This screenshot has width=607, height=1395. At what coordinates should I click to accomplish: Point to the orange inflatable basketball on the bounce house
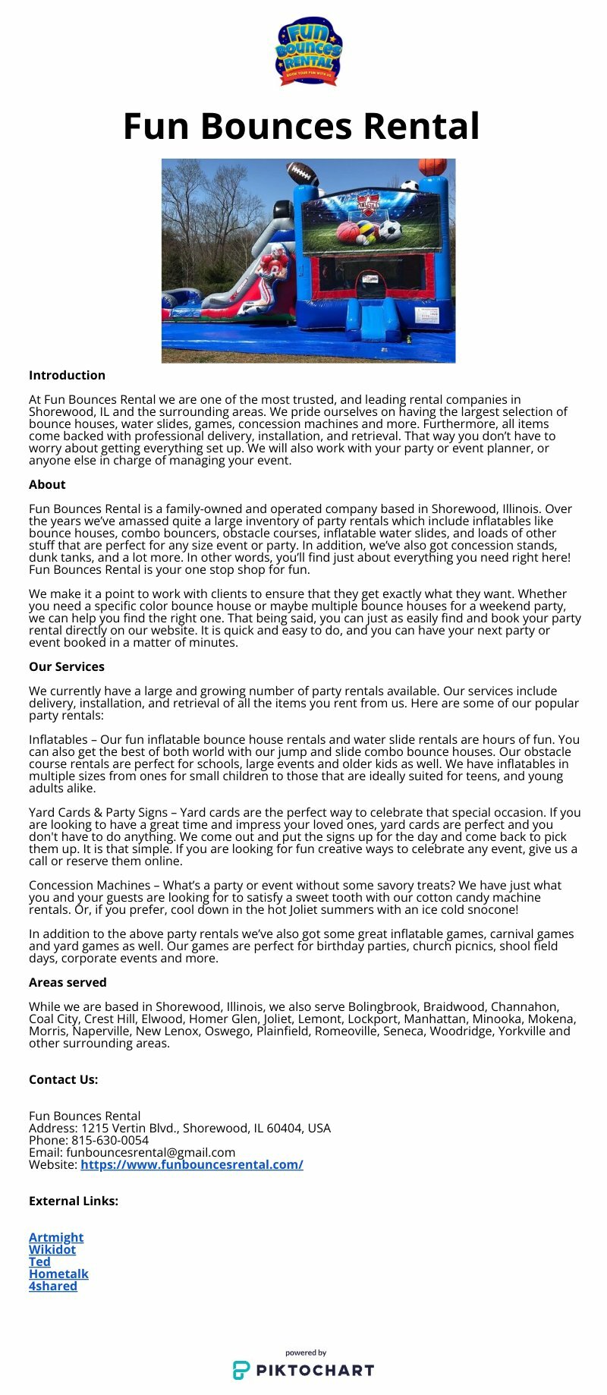click(432, 166)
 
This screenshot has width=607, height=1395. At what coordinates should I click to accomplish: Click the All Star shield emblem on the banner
click(369, 206)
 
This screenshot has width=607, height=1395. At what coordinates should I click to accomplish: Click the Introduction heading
click(67, 375)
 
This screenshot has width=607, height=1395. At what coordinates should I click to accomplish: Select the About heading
click(47, 484)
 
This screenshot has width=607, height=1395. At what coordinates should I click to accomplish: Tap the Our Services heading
click(67, 666)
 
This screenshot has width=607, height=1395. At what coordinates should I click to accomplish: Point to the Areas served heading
click(68, 982)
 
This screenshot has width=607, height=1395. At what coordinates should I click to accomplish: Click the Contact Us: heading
click(63, 1079)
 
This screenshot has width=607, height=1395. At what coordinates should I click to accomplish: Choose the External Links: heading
click(74, 1201)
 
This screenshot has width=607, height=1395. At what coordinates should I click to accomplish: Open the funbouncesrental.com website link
click(192, 1164)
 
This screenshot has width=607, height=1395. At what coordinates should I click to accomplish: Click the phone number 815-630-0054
click(110, 1140)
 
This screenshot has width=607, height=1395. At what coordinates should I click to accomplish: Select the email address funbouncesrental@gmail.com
click(150, 1152)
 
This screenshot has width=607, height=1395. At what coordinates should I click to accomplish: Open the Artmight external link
click(56, 1237)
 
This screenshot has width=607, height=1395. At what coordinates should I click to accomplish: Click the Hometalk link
click(58, 1274)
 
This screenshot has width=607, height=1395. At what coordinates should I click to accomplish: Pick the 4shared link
click(53, 1286)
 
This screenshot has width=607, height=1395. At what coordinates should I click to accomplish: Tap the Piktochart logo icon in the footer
click(241, 1370)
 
